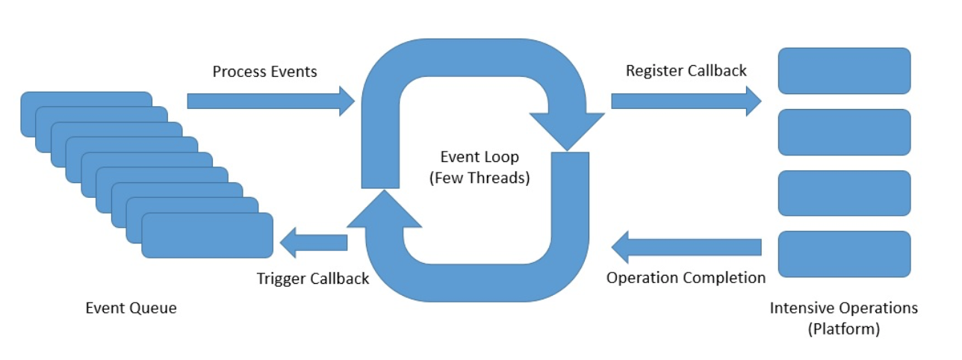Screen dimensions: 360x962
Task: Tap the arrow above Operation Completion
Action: coord(686,247)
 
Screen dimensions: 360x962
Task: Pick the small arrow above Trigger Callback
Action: coord(313,242)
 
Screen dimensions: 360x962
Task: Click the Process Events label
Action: coord(264,72)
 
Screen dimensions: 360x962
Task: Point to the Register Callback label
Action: coord(686,71)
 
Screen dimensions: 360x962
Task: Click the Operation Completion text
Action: coord(686,278)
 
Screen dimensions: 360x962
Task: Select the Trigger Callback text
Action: coord(313,279)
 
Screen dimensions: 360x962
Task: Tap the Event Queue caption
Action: coord(131,308)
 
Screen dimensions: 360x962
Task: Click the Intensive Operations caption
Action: coord(844,308)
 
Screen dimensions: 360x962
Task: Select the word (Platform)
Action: coord(844,328)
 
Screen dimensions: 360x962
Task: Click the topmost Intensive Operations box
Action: coord(844,71)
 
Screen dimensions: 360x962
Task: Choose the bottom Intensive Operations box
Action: coord(844,254)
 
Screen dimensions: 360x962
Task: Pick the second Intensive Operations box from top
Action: coord(844,132)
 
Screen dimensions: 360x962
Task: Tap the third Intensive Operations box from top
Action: coord(844,193)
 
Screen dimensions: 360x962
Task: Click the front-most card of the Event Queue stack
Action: coord(207,235)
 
